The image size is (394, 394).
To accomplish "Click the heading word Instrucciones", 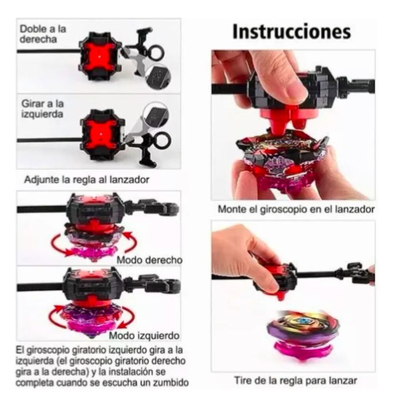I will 291,32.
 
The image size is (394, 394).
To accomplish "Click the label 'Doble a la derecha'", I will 43,34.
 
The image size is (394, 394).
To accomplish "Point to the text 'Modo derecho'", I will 149,260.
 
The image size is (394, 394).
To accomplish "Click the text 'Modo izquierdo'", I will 145,336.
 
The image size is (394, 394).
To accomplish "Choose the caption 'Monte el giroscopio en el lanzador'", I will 296,209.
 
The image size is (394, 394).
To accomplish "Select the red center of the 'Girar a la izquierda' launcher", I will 101,134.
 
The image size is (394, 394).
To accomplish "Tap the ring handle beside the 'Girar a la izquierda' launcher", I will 163,139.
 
